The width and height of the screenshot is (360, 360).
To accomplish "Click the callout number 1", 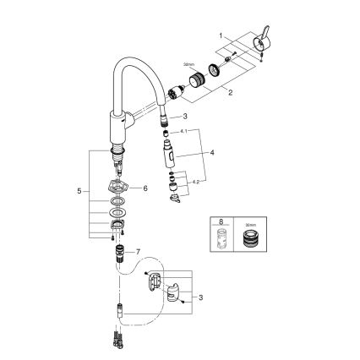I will [221, 36].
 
